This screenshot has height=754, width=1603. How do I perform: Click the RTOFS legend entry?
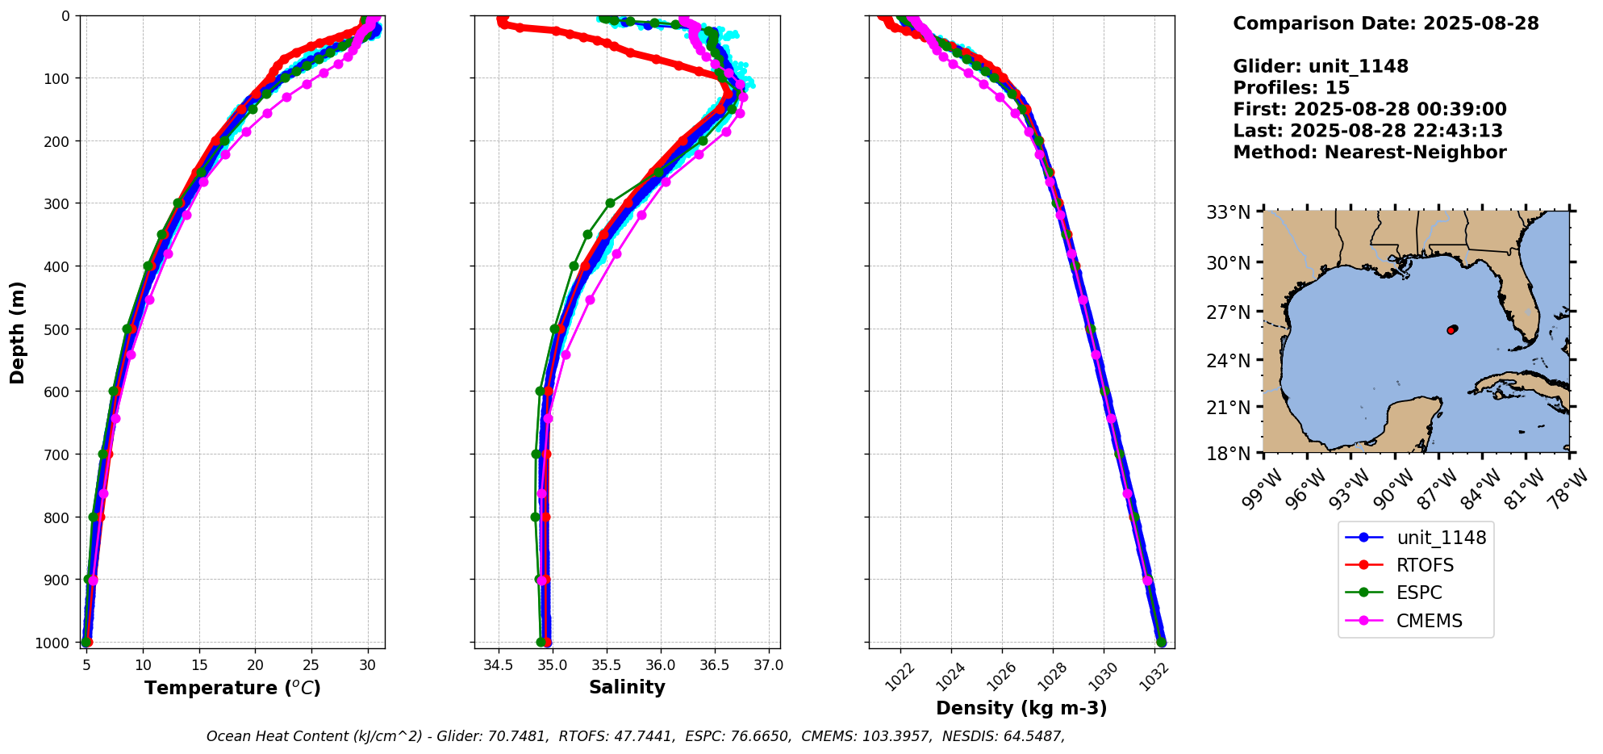pos(1425,565)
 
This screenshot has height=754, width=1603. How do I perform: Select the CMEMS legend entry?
pos(1429,621)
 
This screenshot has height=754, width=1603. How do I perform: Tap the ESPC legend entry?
pos(1419,593)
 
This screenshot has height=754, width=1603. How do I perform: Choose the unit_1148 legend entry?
pos(1441,538)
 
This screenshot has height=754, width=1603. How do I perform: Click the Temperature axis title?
pos(232,688)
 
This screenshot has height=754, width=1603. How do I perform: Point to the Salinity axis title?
pos(627,688)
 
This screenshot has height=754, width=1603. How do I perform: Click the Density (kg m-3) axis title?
pos(1021,708)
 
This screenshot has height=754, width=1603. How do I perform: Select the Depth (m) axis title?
pos(18,332)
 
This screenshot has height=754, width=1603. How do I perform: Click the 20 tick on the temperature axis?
pos(256,665)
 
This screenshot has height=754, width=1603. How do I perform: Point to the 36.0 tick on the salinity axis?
pos(661,665)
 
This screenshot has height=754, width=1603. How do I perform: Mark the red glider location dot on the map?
pos(1451,330)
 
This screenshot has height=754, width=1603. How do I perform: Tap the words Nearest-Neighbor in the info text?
pos(1415,153)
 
